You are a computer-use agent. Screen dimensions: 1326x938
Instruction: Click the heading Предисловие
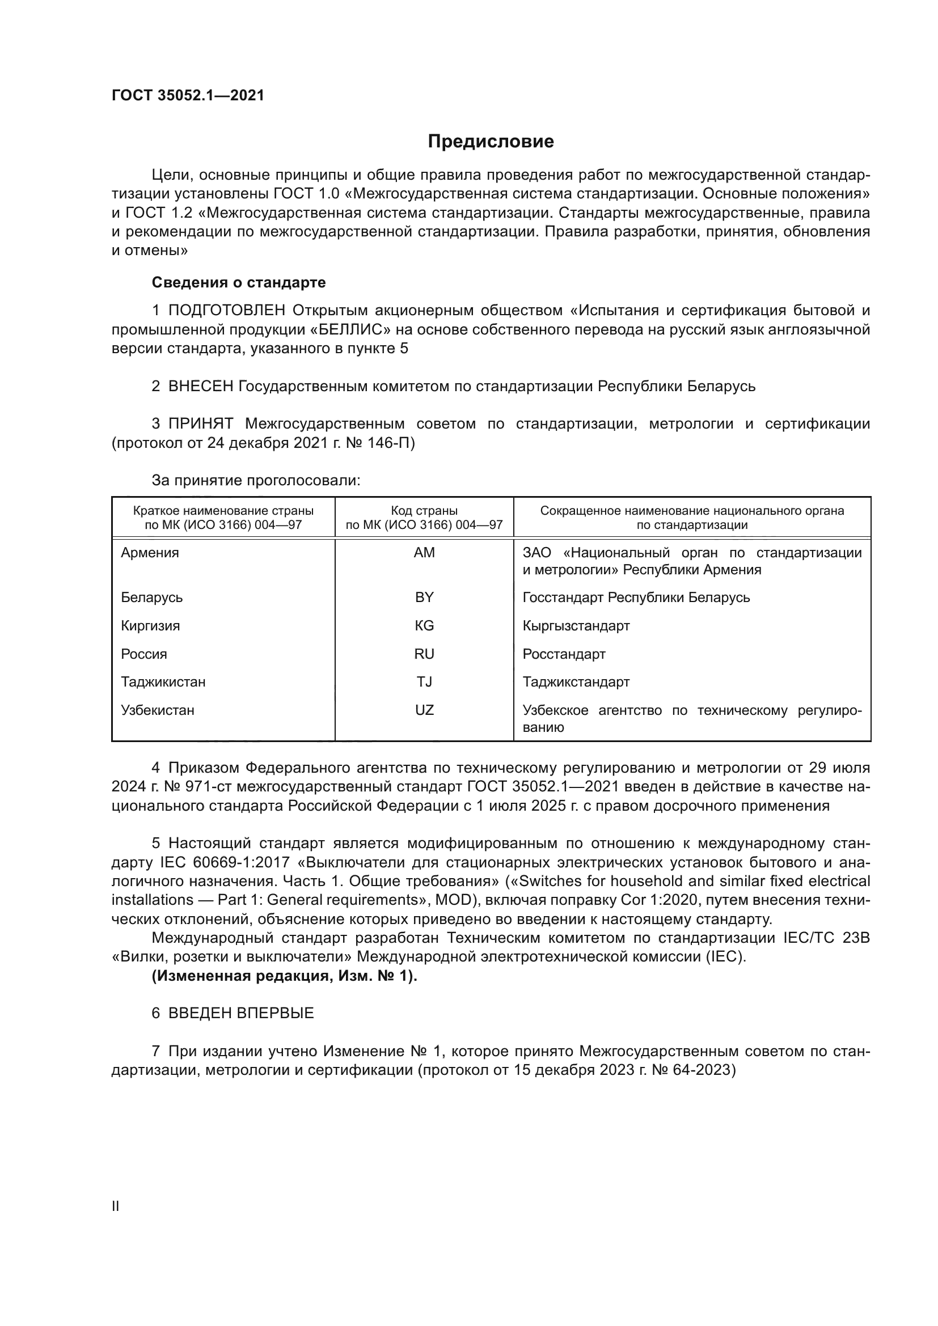(491, 142)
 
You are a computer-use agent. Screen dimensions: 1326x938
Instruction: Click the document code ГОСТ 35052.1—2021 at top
(188, 96)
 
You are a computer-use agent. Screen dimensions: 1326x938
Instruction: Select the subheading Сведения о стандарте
(239, 282)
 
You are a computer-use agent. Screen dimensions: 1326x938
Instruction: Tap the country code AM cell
(424, 553)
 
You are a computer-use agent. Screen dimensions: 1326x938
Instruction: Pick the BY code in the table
(424, 597)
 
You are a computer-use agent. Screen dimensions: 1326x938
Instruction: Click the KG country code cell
(424, 625)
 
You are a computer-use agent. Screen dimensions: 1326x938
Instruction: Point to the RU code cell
(424, 654)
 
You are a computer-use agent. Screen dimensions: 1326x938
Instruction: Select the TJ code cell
(424, 682)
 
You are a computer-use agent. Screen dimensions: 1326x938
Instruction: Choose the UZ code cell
(424, 710)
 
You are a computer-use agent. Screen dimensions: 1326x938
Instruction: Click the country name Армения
(150, 553)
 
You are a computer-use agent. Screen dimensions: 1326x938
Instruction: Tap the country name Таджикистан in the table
(163, 682)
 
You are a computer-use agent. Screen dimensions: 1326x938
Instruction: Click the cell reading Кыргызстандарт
(576, 625)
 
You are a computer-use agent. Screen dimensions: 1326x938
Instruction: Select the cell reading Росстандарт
(564, 654)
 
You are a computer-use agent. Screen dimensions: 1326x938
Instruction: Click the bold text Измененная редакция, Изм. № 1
(284, 976)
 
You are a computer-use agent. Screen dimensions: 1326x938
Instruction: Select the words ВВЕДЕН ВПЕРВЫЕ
(241, 1013)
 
